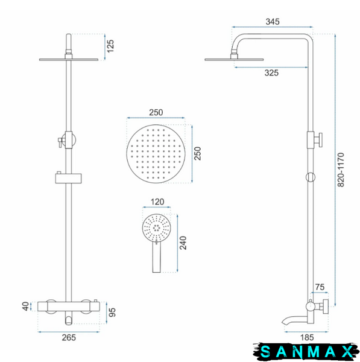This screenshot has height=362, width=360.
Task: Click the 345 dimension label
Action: point(273,22)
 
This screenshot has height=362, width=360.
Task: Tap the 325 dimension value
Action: point(271,73)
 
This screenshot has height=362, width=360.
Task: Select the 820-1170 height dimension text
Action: point(341,170)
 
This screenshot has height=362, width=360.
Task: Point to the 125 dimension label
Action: point(110,46)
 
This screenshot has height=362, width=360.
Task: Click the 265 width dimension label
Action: point(69,337)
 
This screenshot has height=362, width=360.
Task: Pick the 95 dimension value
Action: point(112,313)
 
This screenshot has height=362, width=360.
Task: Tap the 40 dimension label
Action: point(26,306)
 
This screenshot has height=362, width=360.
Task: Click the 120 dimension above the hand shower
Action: point(157,202)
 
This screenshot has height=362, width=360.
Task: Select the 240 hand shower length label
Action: point(183,243)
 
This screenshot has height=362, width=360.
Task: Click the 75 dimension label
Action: point(320,287)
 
